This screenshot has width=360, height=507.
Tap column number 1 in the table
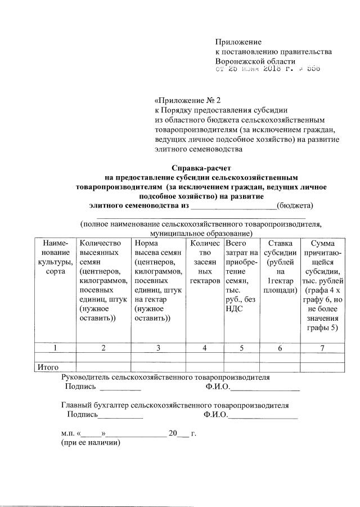55,348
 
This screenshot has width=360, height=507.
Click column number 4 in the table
205,348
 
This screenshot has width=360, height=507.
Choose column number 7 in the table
322,348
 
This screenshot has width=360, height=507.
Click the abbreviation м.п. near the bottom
68,434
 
